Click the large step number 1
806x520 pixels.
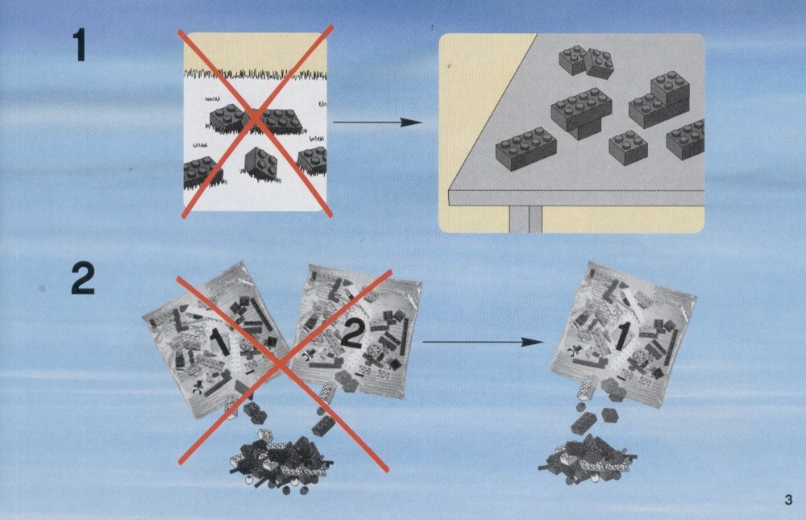tap(80, 45)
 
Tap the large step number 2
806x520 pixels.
tap(83, 279)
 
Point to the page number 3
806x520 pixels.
tap(788, 499)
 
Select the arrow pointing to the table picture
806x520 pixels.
tap(378, 123)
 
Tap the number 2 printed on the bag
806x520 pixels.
tap(352, 335)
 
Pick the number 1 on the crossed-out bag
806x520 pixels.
tap(220, 342)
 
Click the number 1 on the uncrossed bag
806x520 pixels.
tap(621, 337)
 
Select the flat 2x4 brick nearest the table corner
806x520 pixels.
tap(526, 148)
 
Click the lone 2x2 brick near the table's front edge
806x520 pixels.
tap(628, 148)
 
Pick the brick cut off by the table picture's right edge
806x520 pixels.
tap(686, 139)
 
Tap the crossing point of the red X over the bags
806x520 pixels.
tap(280, 364)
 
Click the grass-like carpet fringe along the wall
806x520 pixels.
tap(256, 74)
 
